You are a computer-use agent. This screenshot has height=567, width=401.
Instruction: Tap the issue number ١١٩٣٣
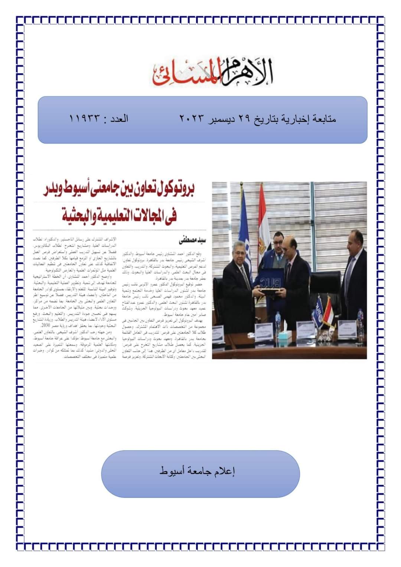tap(85, 119)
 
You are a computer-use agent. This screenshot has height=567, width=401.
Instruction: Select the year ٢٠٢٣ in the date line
tap(192, 119)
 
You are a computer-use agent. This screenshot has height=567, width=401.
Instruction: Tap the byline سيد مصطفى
tap(192, 240)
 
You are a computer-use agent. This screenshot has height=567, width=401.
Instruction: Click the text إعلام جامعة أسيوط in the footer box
tap(197, 472)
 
